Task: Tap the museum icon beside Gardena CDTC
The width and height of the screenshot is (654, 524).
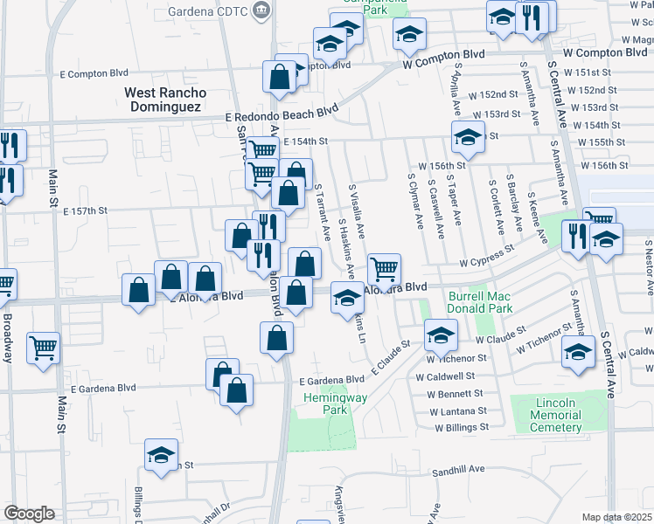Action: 261,11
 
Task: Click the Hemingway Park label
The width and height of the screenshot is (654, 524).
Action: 324,403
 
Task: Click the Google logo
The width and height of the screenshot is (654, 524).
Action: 29,514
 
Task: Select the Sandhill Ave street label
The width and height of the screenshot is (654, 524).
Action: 458,470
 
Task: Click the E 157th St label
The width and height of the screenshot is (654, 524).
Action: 91,211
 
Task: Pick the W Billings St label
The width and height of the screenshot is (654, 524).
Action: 458,427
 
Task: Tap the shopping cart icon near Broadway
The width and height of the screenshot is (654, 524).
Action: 43,348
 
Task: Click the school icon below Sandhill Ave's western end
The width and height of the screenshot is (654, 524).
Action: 160,457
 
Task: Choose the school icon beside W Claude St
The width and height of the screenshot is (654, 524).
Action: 441,334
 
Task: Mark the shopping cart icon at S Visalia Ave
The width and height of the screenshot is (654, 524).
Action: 385,268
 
